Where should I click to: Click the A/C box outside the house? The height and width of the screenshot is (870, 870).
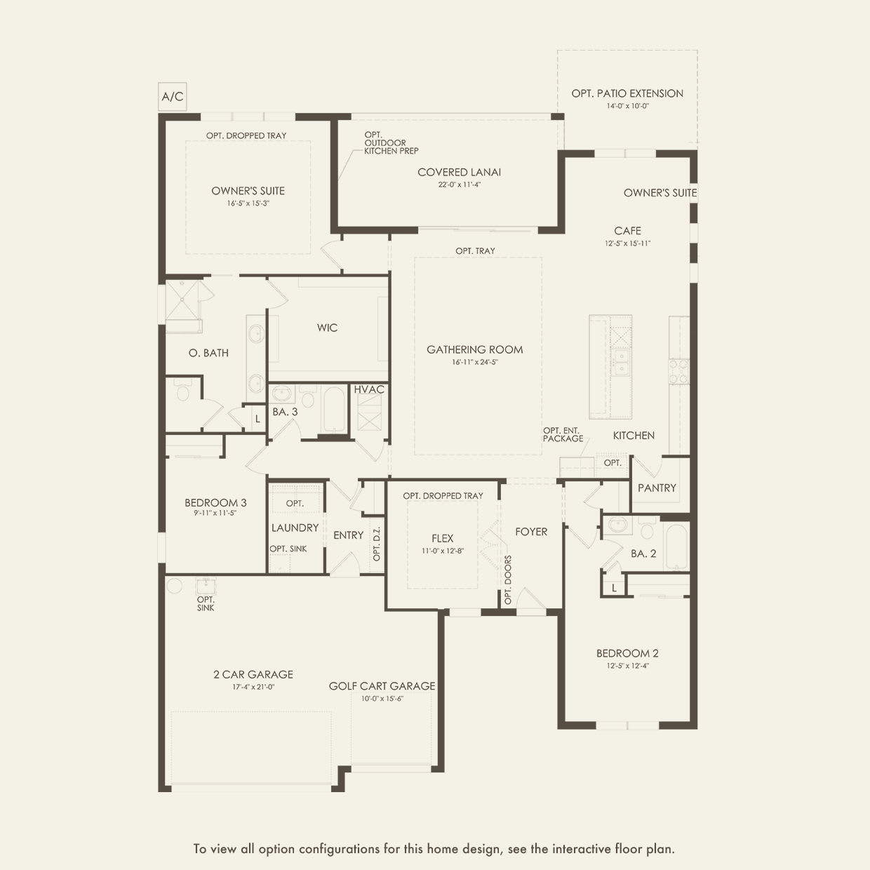click(x=173, y=97)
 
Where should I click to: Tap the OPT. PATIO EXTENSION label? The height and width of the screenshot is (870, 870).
click(x=627, y=93)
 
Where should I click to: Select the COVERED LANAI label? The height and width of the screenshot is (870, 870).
click(x=459, y=172)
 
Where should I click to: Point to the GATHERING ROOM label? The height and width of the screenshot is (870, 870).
click(x=475, y=349)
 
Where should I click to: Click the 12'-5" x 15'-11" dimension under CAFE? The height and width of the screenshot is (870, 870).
click(x=627, y=243)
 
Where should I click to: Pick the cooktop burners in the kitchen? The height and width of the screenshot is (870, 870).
click(x=678, y=371)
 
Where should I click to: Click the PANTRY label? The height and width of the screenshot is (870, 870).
click(x=657, y=488)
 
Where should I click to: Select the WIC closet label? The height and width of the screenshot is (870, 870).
click(x=327, y=328)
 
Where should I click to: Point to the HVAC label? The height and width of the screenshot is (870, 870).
click(x=369, y=389)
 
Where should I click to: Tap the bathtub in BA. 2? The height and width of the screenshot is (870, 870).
click(x=676, y=547)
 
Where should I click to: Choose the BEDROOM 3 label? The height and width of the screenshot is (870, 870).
click(x=215, y=502)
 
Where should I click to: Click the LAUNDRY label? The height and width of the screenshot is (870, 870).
click(x=295, y=528)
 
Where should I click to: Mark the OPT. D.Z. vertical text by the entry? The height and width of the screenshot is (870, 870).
click(x=377, y=544)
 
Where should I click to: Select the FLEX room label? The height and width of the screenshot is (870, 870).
click(x=442, y=538)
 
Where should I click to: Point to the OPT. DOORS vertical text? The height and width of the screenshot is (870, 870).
click(x=508, y=580)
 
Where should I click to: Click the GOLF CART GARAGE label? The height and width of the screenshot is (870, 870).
click(x=382, y=685)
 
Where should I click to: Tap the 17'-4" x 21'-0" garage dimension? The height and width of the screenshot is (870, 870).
click(x=253, y=687)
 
